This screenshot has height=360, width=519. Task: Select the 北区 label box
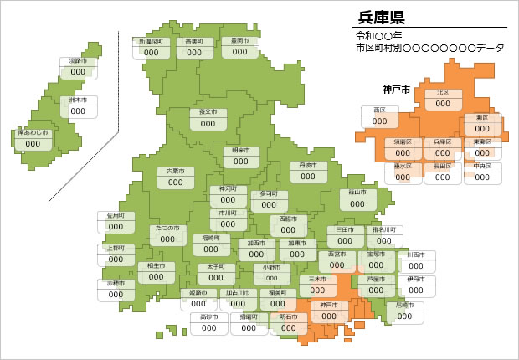pos(443,99)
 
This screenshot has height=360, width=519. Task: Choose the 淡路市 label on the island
pos(78,67)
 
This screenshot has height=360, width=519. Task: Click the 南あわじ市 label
pos(33,138)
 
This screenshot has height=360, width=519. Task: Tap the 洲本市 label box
pos(78,106)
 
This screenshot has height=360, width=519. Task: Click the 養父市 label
pos(208,117)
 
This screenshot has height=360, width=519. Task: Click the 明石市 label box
pos(288,323)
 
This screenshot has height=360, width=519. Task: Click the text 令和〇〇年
pos(379,36)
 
